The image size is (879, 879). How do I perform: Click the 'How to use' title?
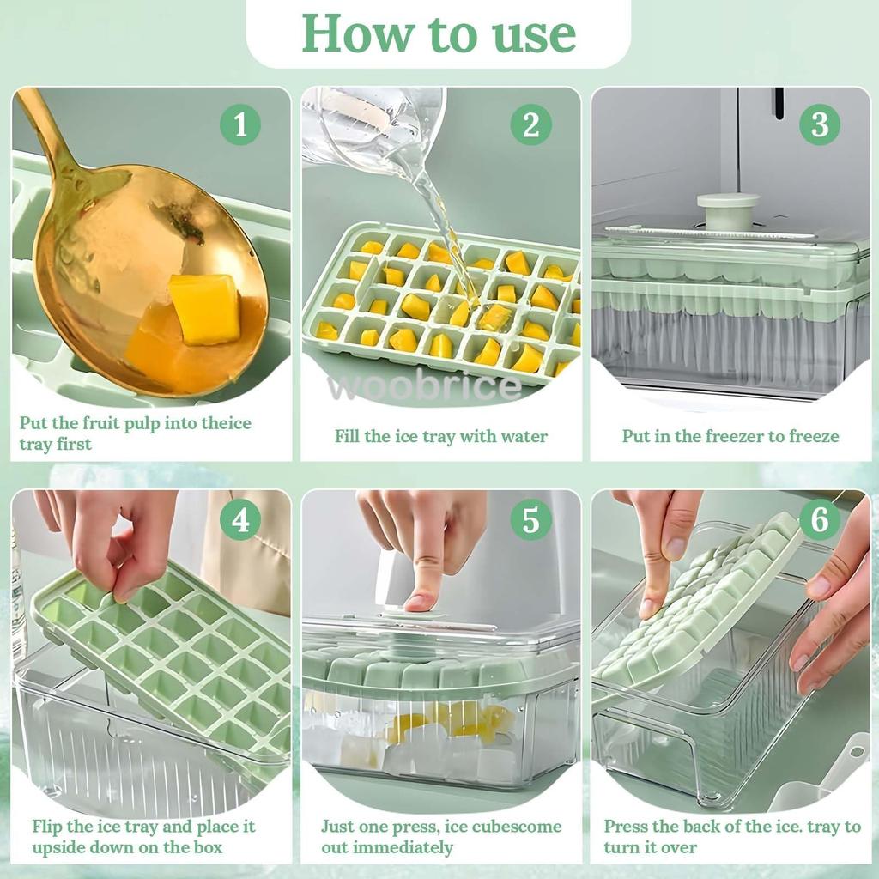pos(439,33)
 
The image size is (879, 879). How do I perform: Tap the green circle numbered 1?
pos(240,124)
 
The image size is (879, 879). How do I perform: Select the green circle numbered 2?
pos(530,124)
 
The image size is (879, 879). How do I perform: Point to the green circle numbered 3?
pos(820,124)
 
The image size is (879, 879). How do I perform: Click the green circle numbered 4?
pos(240,519)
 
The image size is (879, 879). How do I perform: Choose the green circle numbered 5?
pos(530,519)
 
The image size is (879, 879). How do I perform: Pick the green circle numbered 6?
pos(820,519)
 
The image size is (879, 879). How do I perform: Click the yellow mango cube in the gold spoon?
pos(204,308)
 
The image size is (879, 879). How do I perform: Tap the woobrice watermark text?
pos(424,386)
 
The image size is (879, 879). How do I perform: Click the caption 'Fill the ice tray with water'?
pos(441,436)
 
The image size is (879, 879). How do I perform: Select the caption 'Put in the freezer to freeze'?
pos(730,436)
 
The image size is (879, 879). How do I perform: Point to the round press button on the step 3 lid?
pos(728,211)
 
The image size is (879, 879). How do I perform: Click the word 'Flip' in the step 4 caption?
pos(46,827)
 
